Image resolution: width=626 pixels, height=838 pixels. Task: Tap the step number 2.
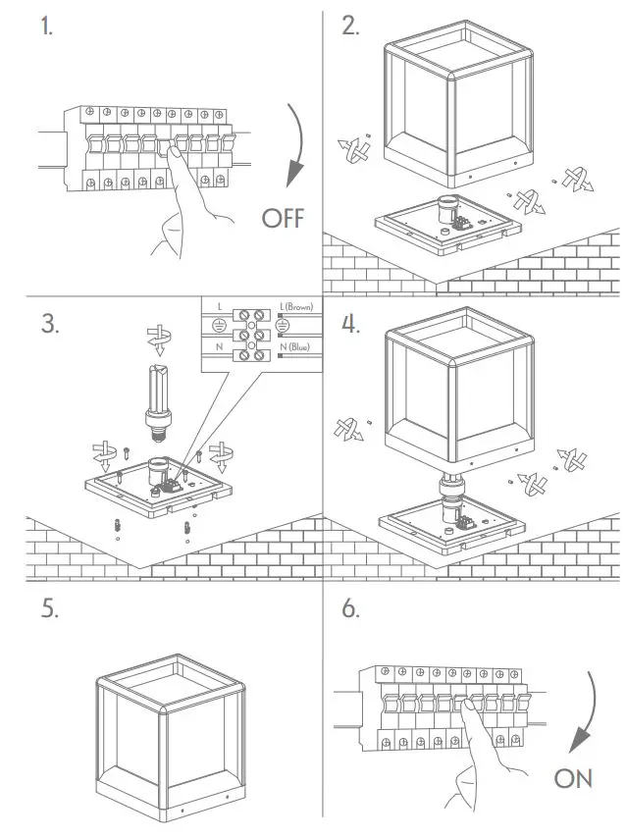[x=350, y=27]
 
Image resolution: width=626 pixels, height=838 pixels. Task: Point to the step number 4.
[x=351, y=325]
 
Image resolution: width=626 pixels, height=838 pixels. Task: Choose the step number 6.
[x=351, y=608]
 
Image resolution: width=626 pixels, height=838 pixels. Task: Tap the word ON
[x=574, y=778]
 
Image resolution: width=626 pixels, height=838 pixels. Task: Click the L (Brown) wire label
[x=295, y=307]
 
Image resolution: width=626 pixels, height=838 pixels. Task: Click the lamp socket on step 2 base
[x=447, y=210]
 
